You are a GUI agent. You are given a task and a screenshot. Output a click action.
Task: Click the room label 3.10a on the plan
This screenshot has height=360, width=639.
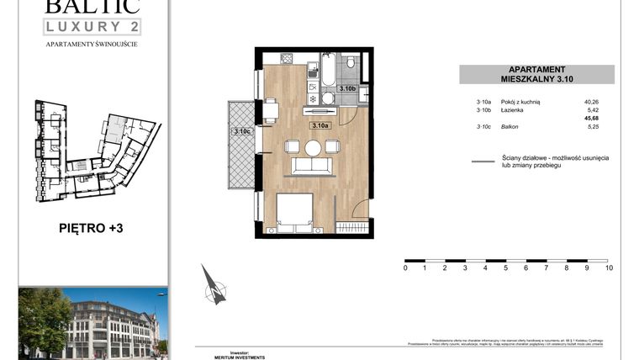320,125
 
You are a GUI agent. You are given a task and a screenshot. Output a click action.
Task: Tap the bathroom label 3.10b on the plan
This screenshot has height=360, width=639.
346,87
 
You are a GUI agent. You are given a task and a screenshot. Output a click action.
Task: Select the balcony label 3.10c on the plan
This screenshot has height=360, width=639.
242,131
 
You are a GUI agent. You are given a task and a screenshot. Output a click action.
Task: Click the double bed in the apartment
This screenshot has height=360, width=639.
295,215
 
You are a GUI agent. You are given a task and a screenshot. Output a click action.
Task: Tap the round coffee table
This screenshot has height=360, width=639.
313,148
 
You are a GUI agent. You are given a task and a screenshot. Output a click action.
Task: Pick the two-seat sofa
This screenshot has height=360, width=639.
312,166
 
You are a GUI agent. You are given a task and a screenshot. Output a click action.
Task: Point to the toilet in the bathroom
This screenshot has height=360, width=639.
351,64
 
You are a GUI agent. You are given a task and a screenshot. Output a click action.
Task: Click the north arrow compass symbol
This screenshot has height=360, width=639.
214,286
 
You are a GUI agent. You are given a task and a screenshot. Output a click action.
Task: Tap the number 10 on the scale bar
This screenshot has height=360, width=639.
609,268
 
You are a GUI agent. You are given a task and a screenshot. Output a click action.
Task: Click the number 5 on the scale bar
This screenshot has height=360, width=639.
506,268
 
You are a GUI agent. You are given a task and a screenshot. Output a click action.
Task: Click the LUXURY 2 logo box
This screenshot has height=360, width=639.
92,25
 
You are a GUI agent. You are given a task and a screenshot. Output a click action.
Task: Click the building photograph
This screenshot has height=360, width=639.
92,322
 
